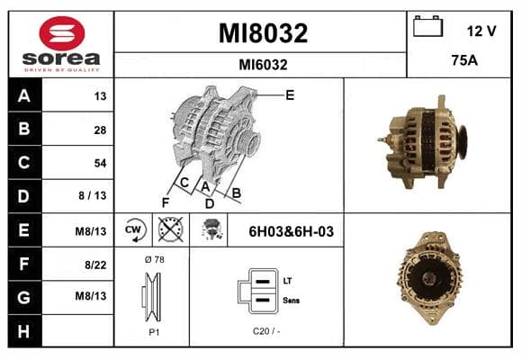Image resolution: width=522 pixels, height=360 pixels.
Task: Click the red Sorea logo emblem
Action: pyautogui.click(x=62, y=33)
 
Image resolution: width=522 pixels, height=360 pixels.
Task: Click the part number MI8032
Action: pyautogui.click(x=263, y=33)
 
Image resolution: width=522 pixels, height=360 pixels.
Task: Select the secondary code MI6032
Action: pyautogui.click(x=263, y=65)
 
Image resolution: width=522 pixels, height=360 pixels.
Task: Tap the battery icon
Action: pyautogui.click(x=427, y=26)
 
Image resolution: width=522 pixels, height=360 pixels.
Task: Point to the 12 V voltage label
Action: pyautogui.click(x=481, y=31)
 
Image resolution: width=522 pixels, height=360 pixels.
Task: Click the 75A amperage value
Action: pyautogui.click(x=464, y=60)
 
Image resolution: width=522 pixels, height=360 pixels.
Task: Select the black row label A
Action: pyautogui.click(x=24, y=95)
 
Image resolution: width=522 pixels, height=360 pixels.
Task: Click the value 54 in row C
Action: pyautogui.click(x=100, y=163)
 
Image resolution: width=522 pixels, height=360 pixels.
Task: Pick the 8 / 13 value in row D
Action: pyautogui.click(x=93, y=195)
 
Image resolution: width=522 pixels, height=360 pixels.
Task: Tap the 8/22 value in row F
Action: pyautogui.click(x=95, y=265)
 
